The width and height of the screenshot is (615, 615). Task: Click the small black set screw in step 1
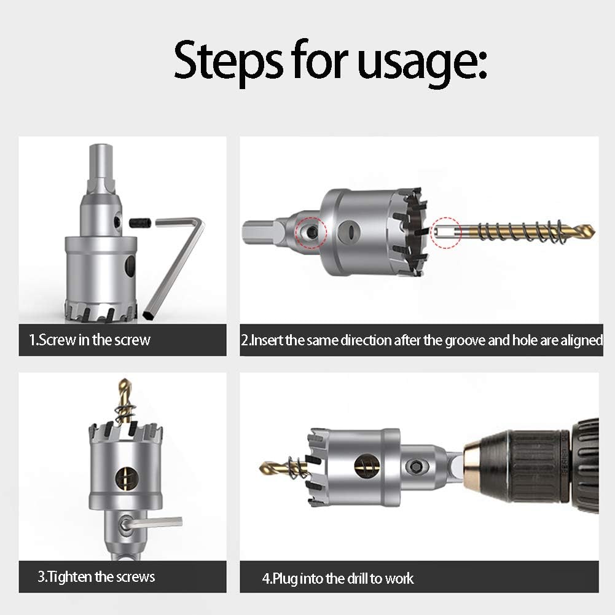(x=140, y=222)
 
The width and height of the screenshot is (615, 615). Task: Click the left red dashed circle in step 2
(x=311, y=232)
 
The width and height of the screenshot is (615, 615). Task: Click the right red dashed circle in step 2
(x=446, y=232)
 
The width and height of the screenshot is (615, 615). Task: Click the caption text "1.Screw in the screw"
(x=90, y=340)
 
